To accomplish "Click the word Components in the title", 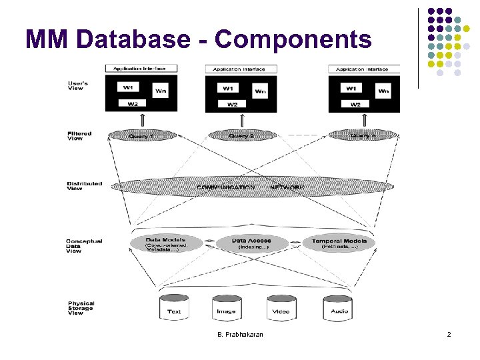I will click(x=293, y=39).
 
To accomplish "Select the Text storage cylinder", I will click(x=174, y=308).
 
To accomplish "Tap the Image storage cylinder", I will click(x=226, y=308).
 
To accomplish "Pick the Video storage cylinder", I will click(x=281, y=308).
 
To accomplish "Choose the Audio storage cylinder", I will click(x=338, y=308).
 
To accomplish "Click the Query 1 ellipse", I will click(x=141, y=135).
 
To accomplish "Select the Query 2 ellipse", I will click(x=241, y=135).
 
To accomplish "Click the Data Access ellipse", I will click(x=251, y=243).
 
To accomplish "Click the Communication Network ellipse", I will click(x=250, y=187).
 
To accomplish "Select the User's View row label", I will click(x=78, y=85).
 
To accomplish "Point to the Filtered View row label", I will click(x=79, y=136).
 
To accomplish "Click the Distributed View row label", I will click(x=85, y=186).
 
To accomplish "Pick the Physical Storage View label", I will click(x=81, y=307).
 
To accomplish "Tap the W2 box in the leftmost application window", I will click(x=133, y=103).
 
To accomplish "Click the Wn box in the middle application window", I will click(x=260, y=91).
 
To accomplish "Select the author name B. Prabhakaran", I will click(x=239, y=334).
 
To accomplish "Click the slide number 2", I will click(x=449, y=334).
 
